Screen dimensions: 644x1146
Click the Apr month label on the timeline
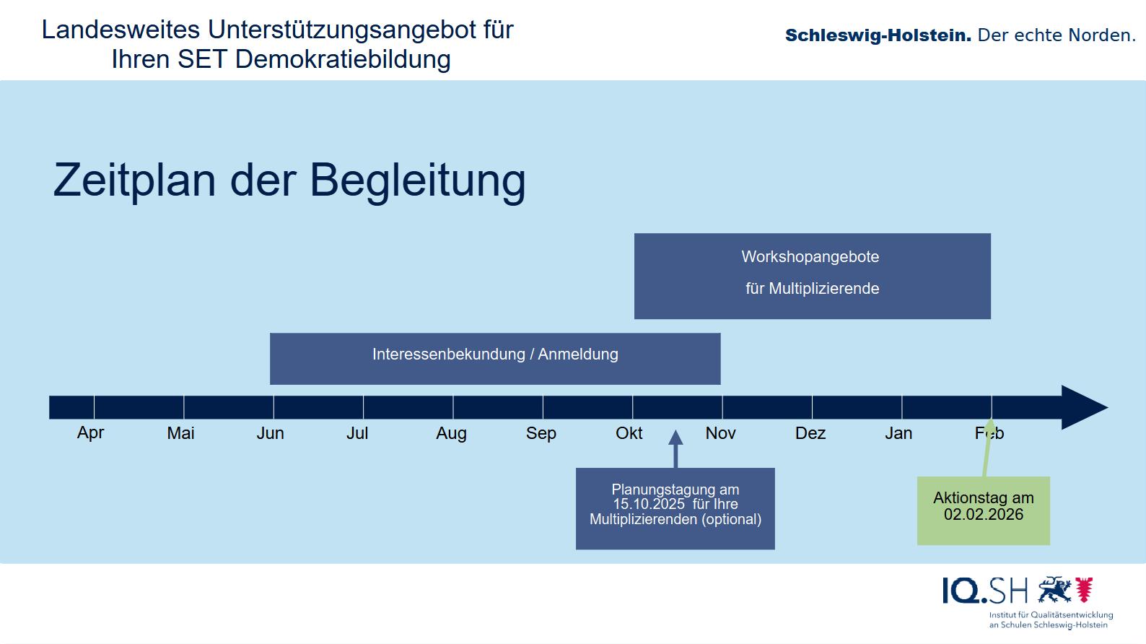click(91, 432)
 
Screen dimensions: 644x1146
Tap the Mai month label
click(180, 433)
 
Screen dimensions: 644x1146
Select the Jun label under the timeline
click(271, 433)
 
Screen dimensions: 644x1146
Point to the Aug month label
click(451, 433)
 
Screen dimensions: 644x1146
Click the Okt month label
click(629, 433)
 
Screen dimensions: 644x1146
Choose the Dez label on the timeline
click(810, 433)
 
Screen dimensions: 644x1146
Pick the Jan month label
click(898, 433)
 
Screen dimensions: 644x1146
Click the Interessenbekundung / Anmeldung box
click(495, 358)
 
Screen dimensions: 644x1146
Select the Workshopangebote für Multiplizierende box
click(812, 276)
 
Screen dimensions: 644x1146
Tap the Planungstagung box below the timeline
click(675, 508)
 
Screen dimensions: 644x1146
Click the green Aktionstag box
click(983, 510)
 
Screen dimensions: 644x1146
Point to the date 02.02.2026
click(984, 515)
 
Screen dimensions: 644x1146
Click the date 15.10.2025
click(649, 504)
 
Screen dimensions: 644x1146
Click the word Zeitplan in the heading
click(134, 180)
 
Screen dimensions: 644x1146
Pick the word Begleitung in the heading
click(417, 180)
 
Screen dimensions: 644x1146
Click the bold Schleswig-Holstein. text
click(878, 35)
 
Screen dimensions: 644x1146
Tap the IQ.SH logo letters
click(984, 591)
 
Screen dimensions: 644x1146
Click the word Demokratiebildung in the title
click(343, 59)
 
